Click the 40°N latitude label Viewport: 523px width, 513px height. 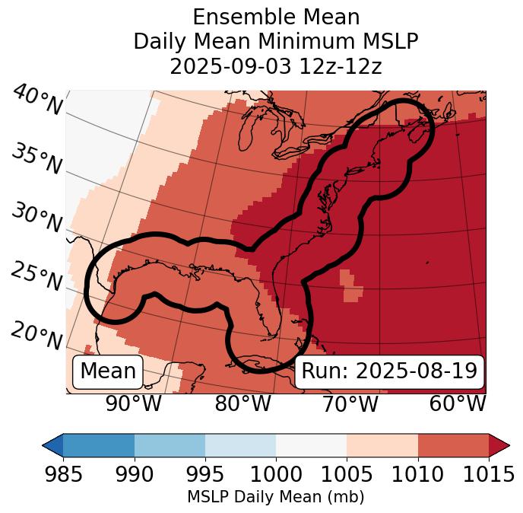pos(37,101)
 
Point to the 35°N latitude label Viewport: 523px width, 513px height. pos(36,158)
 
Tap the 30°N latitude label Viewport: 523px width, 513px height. pos(36,218)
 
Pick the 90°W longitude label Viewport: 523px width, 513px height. pos(134,404)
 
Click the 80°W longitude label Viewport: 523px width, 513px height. pos(242,404)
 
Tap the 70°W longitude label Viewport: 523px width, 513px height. pos(350,404)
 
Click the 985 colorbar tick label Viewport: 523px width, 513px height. pos(63,475)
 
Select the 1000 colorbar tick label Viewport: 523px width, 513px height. pos(276,475)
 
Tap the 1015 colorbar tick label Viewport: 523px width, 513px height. pos(488,475)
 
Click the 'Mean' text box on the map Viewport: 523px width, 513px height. pos(108,371)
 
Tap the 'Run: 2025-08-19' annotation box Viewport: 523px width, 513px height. pos(389,371)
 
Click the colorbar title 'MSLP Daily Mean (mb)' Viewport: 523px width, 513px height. pos(275,497)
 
